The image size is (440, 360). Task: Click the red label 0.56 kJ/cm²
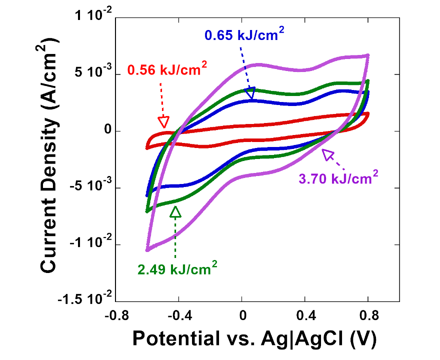(x=167, y=70)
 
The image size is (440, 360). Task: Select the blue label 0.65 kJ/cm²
(x=246, y=34)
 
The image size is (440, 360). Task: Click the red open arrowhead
(x=163, y=122)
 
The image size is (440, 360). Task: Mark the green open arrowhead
(x=175, y=212)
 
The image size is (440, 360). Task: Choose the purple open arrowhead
(x=327, y=154)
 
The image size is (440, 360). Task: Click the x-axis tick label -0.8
(x=115, y=316)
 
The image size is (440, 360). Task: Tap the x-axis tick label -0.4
(x=178, y=316)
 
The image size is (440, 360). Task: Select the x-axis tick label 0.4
(x=305, y=316)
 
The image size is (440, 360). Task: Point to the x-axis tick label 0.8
(x=368, y=316)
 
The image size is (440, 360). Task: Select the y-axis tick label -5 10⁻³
(x=88, y=188)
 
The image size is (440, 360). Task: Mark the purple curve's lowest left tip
(x=147, y=249)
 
